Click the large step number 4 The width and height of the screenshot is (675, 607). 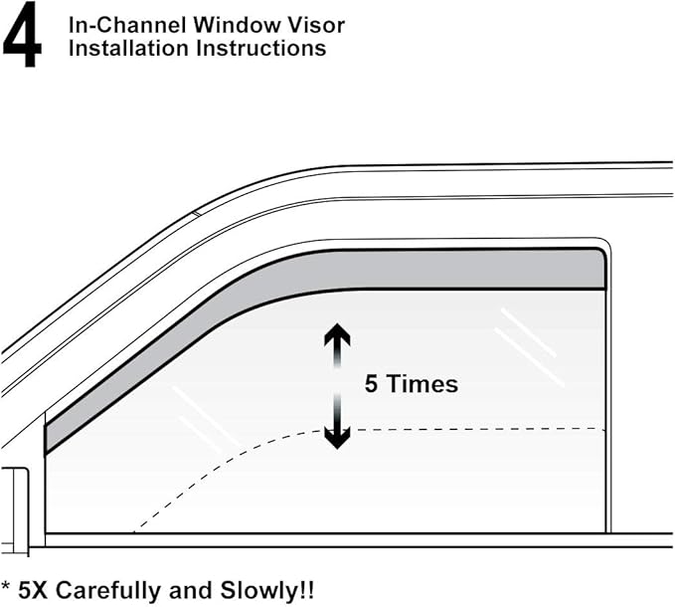tap(22, 35)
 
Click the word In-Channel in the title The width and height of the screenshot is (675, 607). tap(128, 25)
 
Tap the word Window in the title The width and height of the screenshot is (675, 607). tap(237, 25)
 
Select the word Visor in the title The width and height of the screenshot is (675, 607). tap(316, 25)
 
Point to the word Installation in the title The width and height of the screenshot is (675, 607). tap(128, 48)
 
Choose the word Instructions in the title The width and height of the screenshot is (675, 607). tap(261, 48)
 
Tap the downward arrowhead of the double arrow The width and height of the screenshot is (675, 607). tap(337, 438)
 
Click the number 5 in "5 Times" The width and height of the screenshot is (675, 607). tap(371, 383)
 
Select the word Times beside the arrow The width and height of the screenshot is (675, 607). tap(422, 383)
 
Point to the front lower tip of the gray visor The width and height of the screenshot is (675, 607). tap(46, 453)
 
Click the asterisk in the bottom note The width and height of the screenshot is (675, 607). tap(6, 586)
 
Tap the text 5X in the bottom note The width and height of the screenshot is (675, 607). tap(33, 590)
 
